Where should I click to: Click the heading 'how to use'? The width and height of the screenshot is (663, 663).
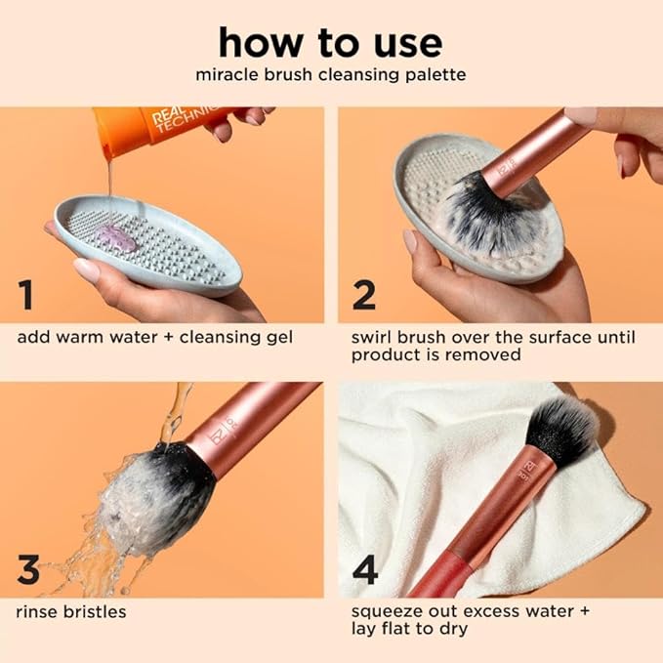330,42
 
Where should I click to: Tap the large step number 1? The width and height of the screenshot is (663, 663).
29,294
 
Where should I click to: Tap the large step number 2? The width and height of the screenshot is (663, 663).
363,294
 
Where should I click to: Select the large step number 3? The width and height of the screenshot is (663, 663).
29,569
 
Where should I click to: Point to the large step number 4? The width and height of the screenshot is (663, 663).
364,569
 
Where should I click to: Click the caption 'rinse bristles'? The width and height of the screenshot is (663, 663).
71,612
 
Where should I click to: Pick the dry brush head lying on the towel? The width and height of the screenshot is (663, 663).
561,430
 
